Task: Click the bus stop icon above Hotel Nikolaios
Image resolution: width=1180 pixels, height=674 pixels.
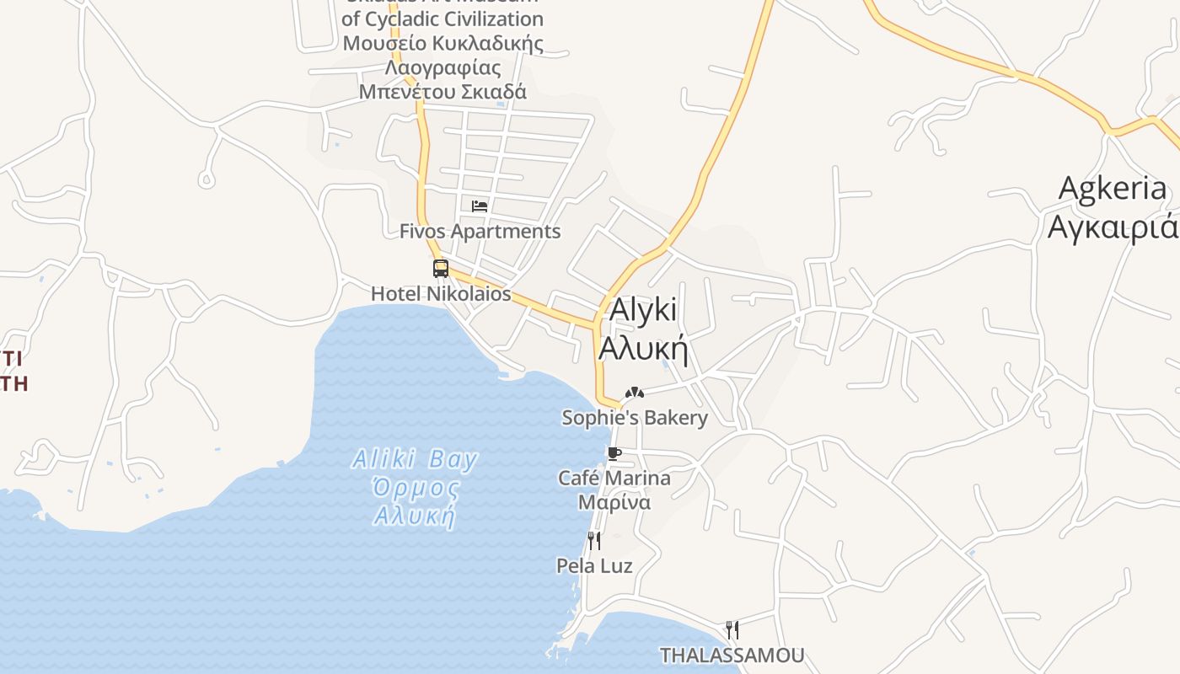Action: [440, 269]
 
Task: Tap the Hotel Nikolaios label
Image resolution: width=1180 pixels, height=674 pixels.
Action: [441, 294]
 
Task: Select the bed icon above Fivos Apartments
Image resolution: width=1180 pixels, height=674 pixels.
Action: [480, 206]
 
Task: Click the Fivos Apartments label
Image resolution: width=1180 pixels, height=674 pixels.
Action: [480, 231]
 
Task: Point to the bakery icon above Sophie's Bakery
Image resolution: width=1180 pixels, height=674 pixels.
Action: [635, 393]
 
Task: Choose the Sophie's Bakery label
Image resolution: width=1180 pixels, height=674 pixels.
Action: [635, 418]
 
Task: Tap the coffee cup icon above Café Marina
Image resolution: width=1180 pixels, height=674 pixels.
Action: [614, 454]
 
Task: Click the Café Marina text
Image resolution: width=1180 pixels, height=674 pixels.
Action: [614, 479]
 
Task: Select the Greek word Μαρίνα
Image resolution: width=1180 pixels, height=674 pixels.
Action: [614, 503]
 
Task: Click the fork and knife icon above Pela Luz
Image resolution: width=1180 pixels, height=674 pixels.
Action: [594, 540]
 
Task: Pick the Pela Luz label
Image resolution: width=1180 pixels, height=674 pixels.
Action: [594, 566]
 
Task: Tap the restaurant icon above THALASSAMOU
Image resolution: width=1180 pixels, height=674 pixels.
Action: [732, 629]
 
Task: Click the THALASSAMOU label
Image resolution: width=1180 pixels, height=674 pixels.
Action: [732, 655]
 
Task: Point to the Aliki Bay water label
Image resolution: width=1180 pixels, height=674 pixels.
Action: [415, 460]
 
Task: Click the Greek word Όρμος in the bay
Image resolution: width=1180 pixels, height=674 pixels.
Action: [416, 488]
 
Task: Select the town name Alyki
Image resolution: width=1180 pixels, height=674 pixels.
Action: [642, 310]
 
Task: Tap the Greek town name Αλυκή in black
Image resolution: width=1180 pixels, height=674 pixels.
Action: [643, 348]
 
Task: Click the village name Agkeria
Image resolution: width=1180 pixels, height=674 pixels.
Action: [1113, 189]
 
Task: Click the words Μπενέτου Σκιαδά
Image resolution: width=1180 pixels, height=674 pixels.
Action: [442, 92]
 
